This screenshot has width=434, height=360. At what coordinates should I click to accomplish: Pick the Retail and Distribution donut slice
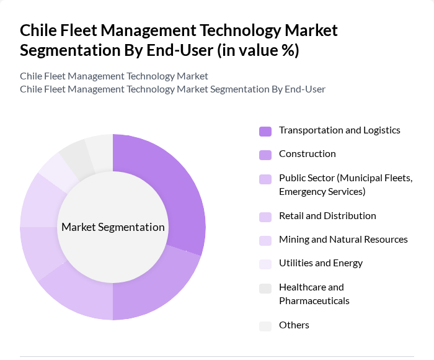[x=40, y=253]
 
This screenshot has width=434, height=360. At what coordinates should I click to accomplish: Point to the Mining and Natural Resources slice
[x=42, y=200]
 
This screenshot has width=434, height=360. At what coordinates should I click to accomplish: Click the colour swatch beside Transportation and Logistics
[x=265, y=131]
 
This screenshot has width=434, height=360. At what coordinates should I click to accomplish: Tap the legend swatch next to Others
[x=265, y=326]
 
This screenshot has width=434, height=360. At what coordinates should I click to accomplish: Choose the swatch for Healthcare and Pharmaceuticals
[x=265, y=288]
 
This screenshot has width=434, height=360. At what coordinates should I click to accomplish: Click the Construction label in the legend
[x=307, y=154]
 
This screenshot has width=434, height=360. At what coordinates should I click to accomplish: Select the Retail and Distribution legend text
[x=327, y=216]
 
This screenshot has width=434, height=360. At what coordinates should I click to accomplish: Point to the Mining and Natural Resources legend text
[x=343, y=240]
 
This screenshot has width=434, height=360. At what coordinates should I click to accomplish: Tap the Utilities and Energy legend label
[x=321, y=263]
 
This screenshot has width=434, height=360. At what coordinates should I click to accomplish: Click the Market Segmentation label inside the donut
[x=113, y=227]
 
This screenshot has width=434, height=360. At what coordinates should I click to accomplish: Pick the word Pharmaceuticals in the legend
[x=314, y=301]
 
